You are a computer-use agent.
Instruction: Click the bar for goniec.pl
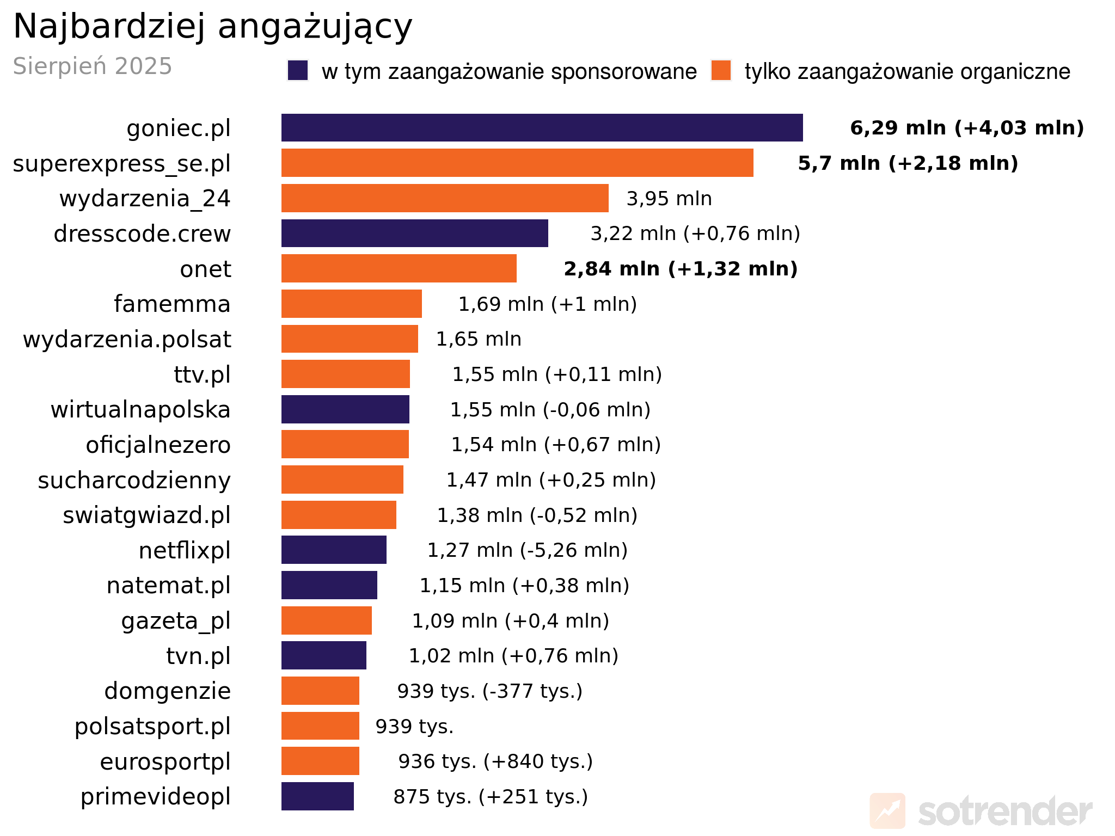tap(542, 128)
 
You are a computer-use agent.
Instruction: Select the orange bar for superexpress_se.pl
tap(517, 163)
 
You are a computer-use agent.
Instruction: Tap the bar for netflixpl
tap(334, 550)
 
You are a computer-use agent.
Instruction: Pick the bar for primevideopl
tap(317, 796)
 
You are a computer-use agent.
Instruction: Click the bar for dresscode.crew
tap(414, 233)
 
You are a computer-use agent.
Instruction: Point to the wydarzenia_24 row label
tap(145, 199)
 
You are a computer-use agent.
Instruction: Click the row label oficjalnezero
tap(158, 445)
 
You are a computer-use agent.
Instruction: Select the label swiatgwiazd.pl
tap(146, 515)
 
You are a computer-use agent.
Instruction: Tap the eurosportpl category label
tap(165, 761)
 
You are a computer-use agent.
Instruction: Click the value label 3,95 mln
tap(669, 199)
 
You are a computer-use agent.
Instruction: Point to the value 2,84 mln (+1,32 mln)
tap(681, 269)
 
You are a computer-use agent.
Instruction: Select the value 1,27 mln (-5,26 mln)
tap(527, 550)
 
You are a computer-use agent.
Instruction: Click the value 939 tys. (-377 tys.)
tap(489, 691)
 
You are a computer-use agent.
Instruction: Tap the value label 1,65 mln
tap(479, 339)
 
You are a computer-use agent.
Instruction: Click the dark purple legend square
tap(298, 71)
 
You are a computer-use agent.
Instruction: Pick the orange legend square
tap(721, 71)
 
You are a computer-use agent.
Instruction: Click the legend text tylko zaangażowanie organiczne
tap(907, 72)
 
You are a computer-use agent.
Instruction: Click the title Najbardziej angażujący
tap(213, 26)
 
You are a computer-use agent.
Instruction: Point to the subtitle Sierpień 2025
tap(93, 66)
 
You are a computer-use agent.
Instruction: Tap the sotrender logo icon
tap(887, 811)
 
